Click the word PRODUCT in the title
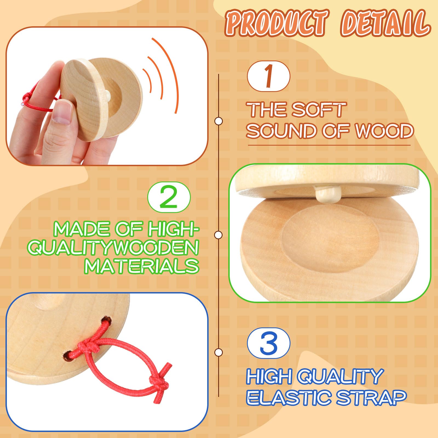click(x=276, y=23)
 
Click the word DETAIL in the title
click(x=385, y=23)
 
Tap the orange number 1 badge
click(x=268, y=76)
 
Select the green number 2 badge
click(x=169, y=197)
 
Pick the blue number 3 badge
click(x=268, y=343)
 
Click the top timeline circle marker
click(x=218, y=121)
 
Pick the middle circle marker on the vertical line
click(x=218, y=235)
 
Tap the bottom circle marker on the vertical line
click(x=218, y=352)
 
